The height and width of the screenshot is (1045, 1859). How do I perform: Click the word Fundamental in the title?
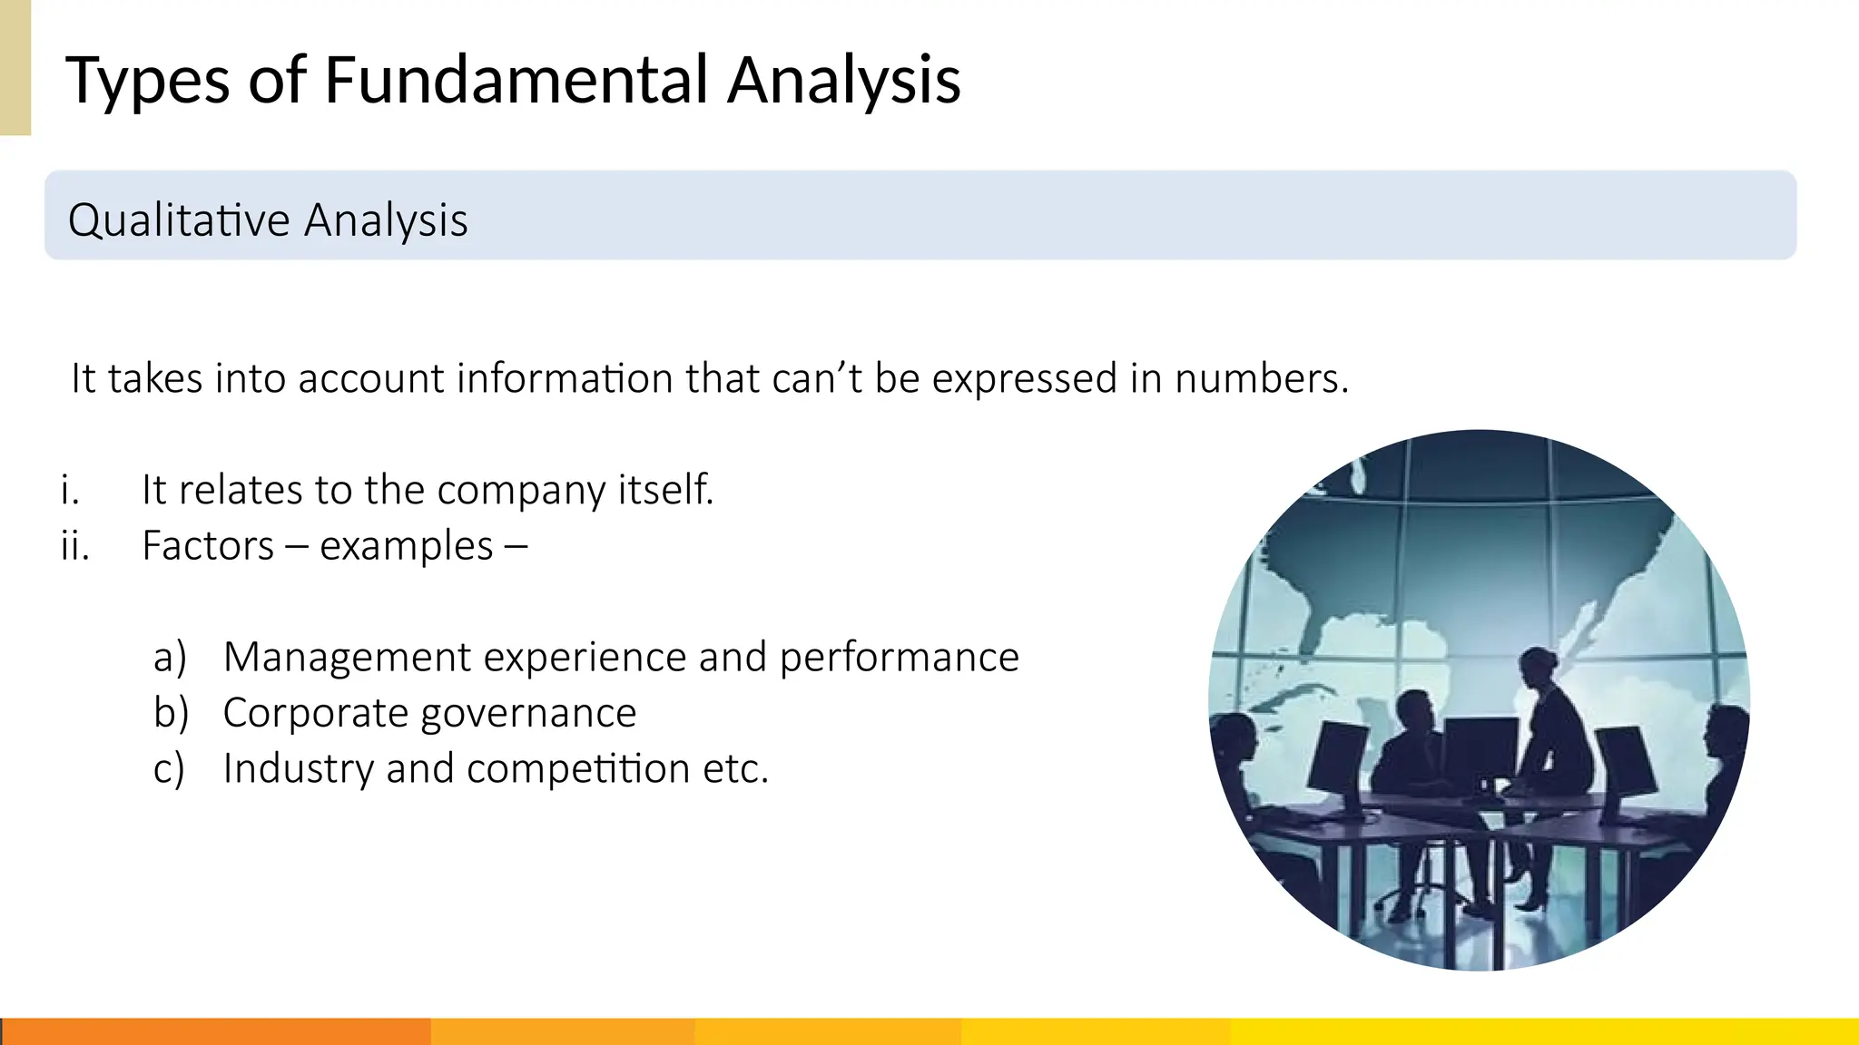tap(516, 80)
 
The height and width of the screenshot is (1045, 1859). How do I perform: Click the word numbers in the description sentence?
tap(1261, 378)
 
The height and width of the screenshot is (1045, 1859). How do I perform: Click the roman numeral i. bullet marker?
tap(70, 490)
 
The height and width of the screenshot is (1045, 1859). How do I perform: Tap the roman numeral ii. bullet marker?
tap(74, 546)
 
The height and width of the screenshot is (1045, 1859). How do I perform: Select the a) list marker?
tap(170, 657)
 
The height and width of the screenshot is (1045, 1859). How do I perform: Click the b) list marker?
tap(171, 713)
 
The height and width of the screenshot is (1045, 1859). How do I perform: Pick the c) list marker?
tap(169, 769)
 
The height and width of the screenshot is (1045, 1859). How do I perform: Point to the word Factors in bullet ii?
tap(208, 546)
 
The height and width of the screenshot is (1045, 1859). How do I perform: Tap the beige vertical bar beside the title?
tap(15, 67)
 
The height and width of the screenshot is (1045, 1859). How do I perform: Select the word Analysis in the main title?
tap(843, 80)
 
